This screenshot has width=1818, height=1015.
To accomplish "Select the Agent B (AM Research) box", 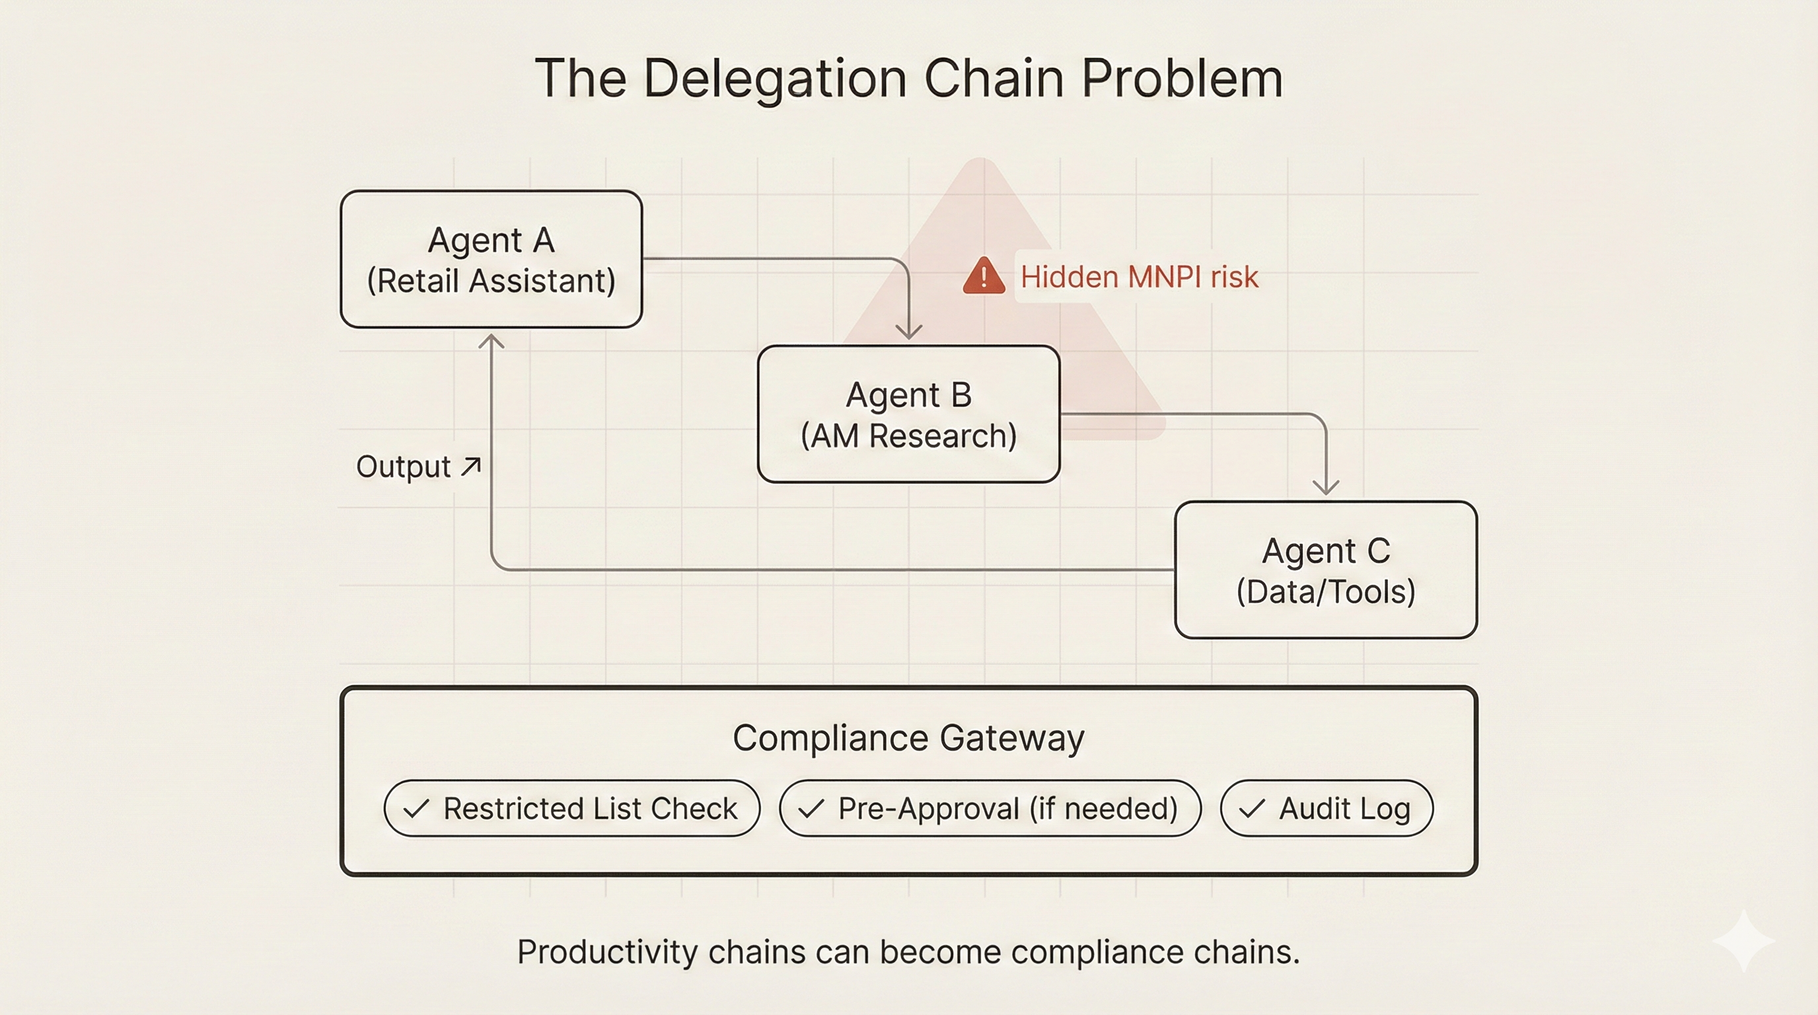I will click(908, 414).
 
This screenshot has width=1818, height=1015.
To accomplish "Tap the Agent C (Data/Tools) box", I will click(1325, 570).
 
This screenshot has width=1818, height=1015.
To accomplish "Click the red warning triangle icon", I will click(983, 276).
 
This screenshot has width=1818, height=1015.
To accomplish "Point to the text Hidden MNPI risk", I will click(1139, 277).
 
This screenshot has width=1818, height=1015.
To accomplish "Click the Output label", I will click(403, 467).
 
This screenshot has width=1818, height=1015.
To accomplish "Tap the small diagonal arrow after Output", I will click(471, 466).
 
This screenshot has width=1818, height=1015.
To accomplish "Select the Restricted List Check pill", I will click(571, 808).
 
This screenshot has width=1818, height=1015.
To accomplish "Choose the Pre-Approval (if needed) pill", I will click(990, 808).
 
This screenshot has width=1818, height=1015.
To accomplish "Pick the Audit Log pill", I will click(1326, 808).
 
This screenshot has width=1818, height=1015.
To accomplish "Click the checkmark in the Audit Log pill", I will click(1251, 808).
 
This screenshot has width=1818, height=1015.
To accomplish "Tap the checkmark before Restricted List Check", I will click(416, 808).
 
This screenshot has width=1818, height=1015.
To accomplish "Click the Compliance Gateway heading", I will click(908, 738).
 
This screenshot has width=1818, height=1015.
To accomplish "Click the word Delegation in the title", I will click(775, 79).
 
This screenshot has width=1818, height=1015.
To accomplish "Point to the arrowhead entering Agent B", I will click(908, 331).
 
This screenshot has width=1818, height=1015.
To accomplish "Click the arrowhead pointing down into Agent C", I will click(1325, 486).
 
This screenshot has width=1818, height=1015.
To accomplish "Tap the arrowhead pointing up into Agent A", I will click(491, 342).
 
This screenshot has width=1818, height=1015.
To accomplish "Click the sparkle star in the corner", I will click(1743, 941).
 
